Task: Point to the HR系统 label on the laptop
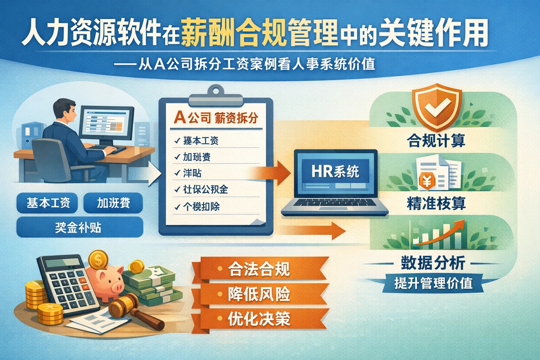[335, 172]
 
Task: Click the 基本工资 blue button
[48, 203]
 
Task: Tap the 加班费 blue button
[113, 203]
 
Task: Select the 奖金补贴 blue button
[79, 227]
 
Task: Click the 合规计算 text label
[436, 141]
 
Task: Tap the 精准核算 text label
[436, 204]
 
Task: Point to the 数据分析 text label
[433, 263]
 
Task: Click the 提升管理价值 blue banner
[433, 283]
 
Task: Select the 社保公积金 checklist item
[206, 189]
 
